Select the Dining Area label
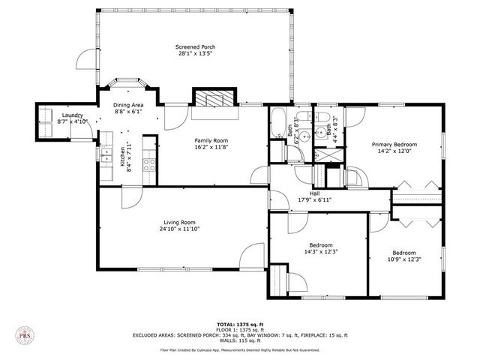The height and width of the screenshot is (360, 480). (x=128, y=105)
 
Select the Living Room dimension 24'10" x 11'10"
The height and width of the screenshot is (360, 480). (x=180, y=229)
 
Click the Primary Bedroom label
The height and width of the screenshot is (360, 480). (x=394, y=144)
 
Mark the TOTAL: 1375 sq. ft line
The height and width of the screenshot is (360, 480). (x=239, y=322)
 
